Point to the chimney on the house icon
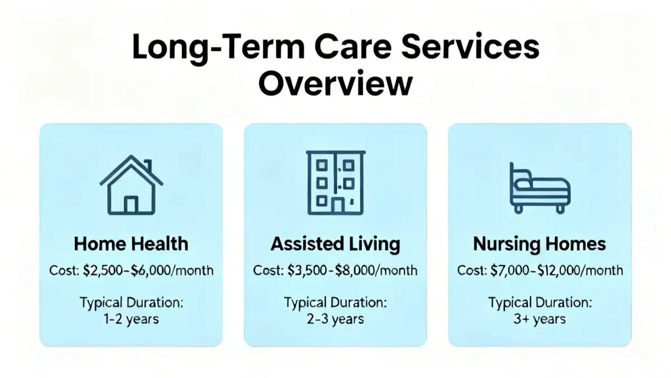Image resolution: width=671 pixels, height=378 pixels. [x=148, y=166]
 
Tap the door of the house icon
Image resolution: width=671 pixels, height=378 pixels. [x=131, y=204]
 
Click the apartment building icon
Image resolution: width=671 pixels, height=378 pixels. [x=335, y=182]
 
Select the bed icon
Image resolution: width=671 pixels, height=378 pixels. [x=540, y=188]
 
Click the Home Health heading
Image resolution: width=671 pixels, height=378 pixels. [x=131, y=244]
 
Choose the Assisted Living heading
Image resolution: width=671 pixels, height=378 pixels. [x=335, y=244]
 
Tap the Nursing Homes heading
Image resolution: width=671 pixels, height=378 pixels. [x=540, y=244]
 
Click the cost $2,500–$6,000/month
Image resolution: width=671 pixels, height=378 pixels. [x=148, y=271]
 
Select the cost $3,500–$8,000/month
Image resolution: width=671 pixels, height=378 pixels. [x=352, y=271]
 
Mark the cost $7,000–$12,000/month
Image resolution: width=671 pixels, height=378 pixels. [x=556, y=271]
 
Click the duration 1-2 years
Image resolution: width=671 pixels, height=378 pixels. [x=131, y=319]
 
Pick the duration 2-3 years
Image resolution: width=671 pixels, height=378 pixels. [x=335, y=319]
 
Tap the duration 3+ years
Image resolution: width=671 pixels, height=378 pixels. [x=540, y=319]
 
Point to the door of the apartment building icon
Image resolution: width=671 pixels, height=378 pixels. [x=338, y=206]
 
